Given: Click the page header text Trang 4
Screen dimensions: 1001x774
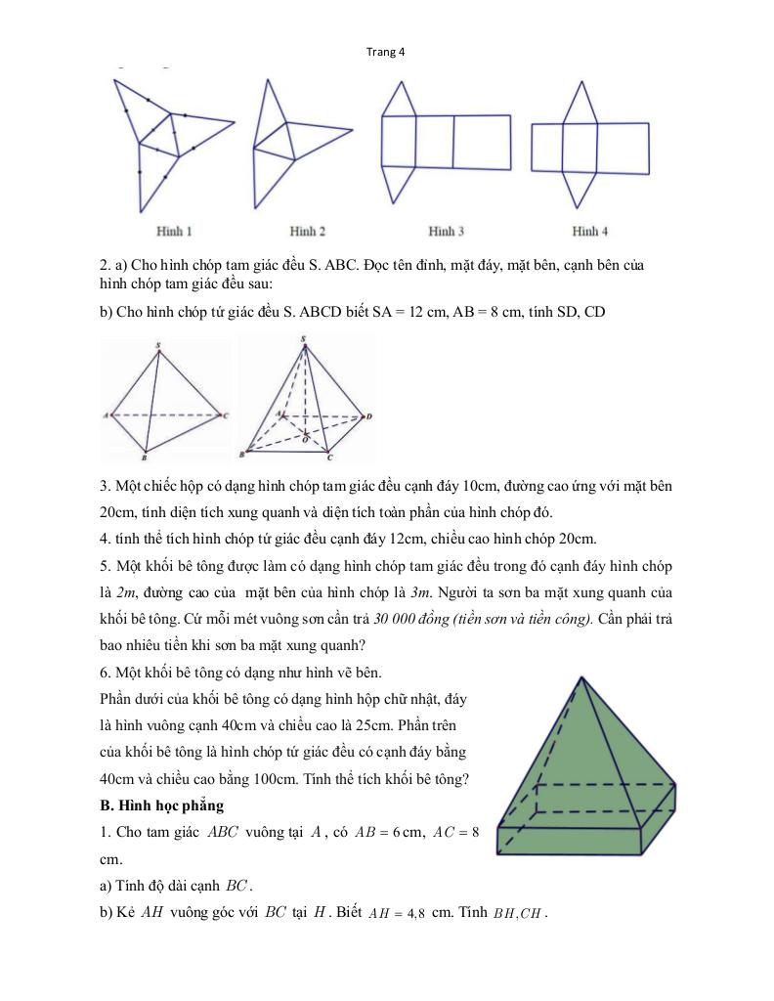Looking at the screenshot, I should (x=386, y=53).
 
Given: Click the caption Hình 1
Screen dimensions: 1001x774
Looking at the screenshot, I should (x=174, y=232).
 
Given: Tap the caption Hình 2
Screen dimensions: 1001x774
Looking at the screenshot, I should (x=307, y=232).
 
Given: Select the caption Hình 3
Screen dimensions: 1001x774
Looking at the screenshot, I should (x=446, y=232).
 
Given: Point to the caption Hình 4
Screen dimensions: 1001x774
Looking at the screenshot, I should (x=590, y=232).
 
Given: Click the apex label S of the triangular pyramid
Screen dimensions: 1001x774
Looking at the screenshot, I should (x=158, y=344).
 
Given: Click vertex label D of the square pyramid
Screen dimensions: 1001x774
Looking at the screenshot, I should (x=369, y=417).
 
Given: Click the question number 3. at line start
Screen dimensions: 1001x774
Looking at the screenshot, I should (x=106, y=486).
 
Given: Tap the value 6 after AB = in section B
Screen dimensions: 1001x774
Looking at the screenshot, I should (x=393, y=833).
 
